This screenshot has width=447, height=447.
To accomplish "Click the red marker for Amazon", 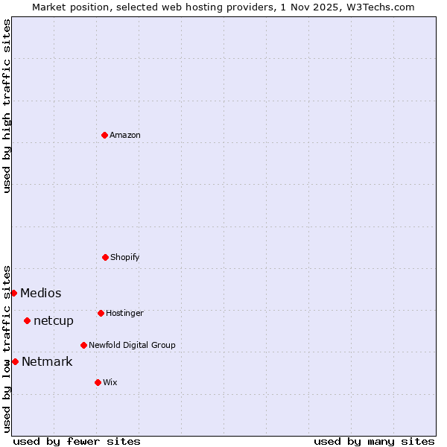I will click(x=104, y=135).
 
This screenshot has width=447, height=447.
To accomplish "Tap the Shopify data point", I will click(x=105, y=257).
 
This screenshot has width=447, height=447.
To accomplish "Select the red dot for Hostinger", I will click(x=101, y=313).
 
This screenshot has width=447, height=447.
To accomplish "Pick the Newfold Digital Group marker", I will click(x=83, y=345).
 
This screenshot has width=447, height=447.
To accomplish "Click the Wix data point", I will click(x=98, y=382).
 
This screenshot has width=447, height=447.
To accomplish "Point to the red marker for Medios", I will click(x=13, y=293).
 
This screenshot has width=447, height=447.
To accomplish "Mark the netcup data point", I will click(x=27, y=320).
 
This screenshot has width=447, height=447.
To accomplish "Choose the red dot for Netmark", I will click(x=15, y=361).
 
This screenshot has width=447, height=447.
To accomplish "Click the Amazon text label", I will click(x=125, y=135).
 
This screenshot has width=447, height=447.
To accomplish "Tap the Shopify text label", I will click(x=125, y=257).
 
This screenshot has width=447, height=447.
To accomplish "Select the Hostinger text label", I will click(x=124, y=313).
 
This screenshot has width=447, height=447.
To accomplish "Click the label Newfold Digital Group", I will click(x=132, y=345).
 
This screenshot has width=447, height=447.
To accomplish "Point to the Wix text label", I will click(x=110, y=382).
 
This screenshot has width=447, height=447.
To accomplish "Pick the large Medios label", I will click(x=41, y=293).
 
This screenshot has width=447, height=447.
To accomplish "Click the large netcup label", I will click(x=54, y=320).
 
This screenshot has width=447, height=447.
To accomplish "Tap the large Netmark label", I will click(x=47, y=361).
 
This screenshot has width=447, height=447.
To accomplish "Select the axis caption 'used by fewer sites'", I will click(x=77, y=441).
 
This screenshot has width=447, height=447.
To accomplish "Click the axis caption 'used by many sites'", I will click(x=374, y=441).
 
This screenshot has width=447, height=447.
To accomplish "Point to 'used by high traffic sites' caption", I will click(x=7, y=106).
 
